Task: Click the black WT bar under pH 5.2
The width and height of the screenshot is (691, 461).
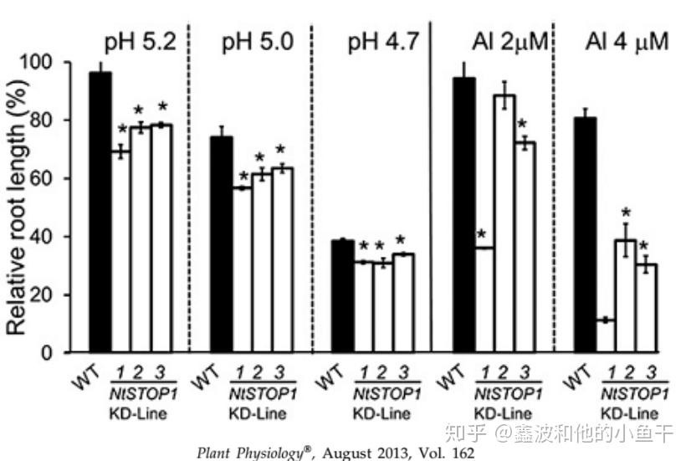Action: (x=100, y=213)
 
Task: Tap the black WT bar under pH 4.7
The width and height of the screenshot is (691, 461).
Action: (x=342, y=296)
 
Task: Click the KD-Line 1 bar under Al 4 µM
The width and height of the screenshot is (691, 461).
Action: (x=605, y=336)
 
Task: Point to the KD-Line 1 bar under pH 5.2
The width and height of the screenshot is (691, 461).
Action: (x=121, y=252)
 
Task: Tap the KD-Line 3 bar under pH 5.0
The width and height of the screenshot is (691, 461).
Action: (x=281, y=260)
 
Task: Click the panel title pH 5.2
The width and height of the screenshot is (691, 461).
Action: (x=139, y=42)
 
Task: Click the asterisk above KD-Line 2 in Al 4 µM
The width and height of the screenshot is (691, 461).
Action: (x=625, y=214)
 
